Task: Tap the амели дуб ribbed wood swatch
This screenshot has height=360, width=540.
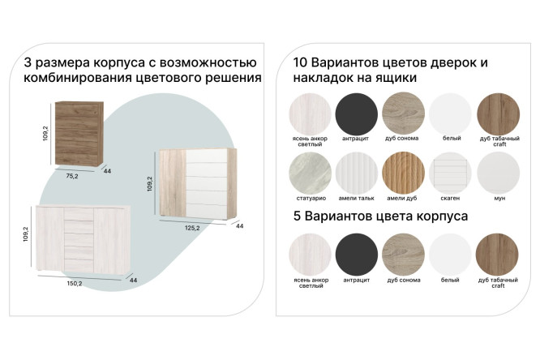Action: point(403,173)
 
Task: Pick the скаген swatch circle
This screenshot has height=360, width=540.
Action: point(450,173)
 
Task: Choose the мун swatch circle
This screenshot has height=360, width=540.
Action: point(497,173)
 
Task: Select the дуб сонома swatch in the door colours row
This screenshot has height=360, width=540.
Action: point(403,114)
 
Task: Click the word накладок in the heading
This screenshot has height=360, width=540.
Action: point(314,78)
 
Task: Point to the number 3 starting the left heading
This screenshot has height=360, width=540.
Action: point(28,62)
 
